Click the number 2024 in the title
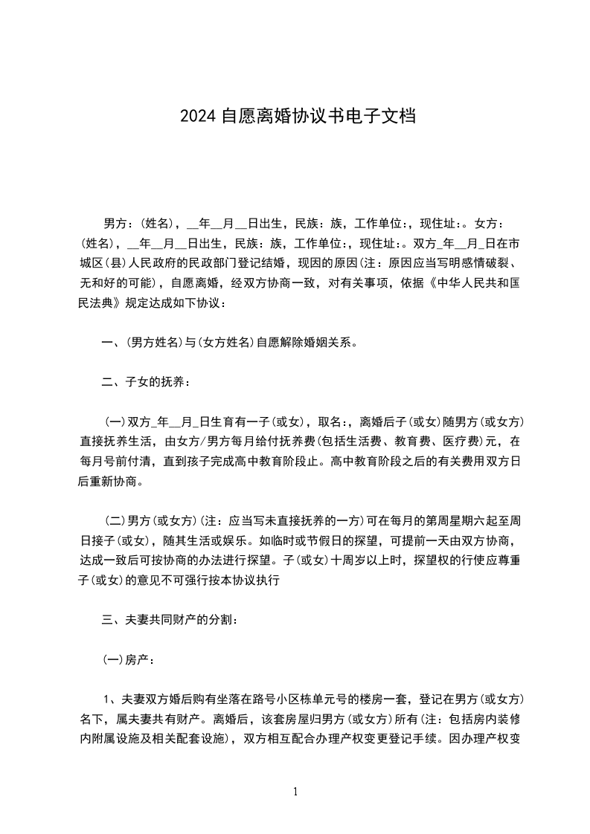(199, 117)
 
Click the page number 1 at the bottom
(295, 792)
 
